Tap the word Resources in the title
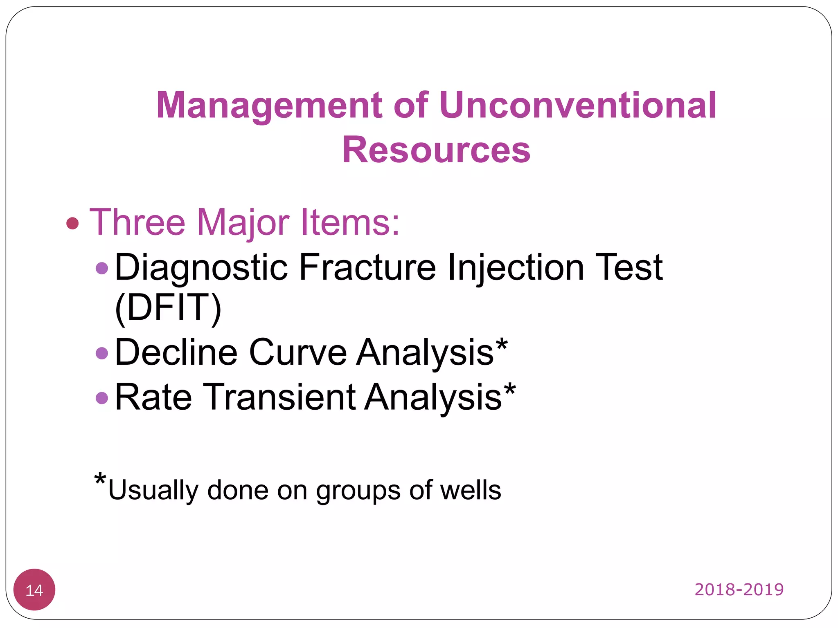click(x=436, y=150)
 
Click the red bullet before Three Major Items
click(x=72, y=223)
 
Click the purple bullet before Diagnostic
click(x=101, y=269)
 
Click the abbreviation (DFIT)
click(x=168, y=307)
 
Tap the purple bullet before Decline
click(x=101, y=353)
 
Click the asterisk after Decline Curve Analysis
click(x=502, y=345)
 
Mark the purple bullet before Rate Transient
click(x=101, y=397)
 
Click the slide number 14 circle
click(x=34, y=590)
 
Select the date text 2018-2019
click(x=739, y=590)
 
